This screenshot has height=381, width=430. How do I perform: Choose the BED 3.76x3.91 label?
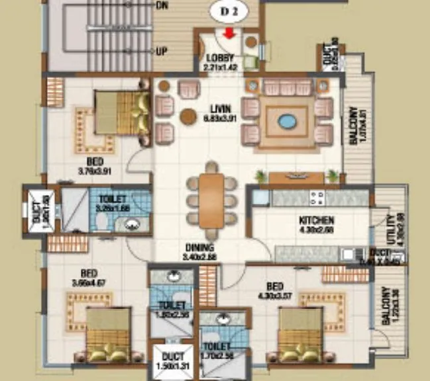[94, 164]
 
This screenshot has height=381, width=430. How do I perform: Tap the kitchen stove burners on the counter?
[317, 197]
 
